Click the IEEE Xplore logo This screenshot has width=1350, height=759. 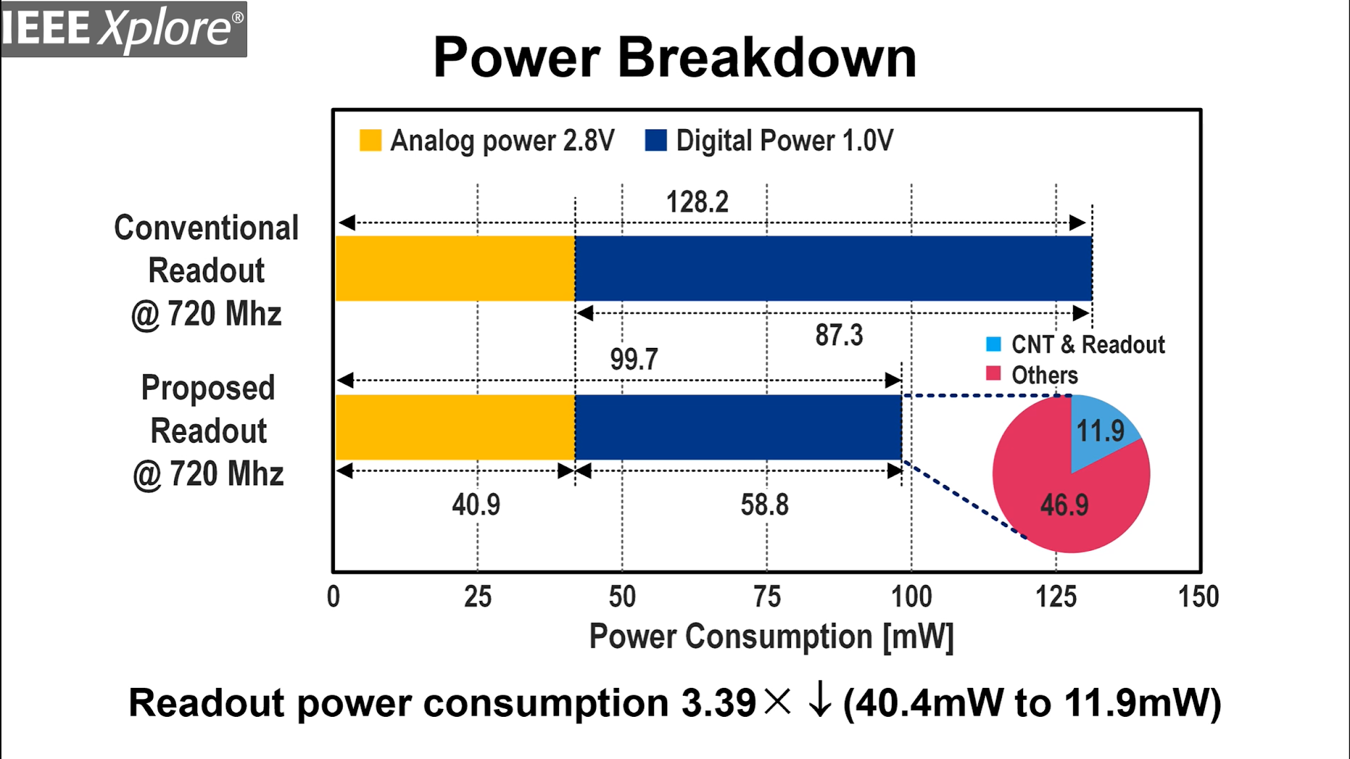pyautogui.click(x=123, y=29)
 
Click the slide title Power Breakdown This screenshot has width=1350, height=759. pyautogui.click(x=674, y=58)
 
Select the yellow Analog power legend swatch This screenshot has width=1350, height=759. pyautogui.click(x=370, y=140)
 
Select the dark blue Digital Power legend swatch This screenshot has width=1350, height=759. pyautogui.click(x=656, y=140)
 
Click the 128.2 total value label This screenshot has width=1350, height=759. pyautogui.click(x=697, y=202)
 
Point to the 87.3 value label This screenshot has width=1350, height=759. pyautogui.click(x=838, y=335)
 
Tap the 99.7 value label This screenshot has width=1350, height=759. pyautogui.click(x=633, y=360)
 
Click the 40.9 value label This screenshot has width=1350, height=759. pyautogui.click(x=476, y=505)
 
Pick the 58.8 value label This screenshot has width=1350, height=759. pyautogui.click(x=764, y=505)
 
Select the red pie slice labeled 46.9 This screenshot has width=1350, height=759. pyautogui.click(x=1064, y=505)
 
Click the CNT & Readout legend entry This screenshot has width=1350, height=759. pyautogui.click(x=1088, y=345)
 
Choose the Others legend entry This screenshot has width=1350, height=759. pyautogui.click(x=1044, y=375)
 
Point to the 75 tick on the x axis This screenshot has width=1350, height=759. pyautogui.click(x=767, y=597)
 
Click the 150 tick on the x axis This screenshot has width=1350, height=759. pyautogui.click(x=1198, y=597)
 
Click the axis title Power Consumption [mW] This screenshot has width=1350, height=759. pyautogui.click(x=771, y=637)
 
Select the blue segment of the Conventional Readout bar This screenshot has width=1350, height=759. pyautogui.click(x=833, y=269)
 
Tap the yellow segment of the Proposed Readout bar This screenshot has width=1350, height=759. pyautogui.click(x=455, y=428)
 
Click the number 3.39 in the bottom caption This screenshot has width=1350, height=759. pyautogui.click(x=718, y=703)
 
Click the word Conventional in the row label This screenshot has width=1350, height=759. pyautogui.click(x=206, y=228)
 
